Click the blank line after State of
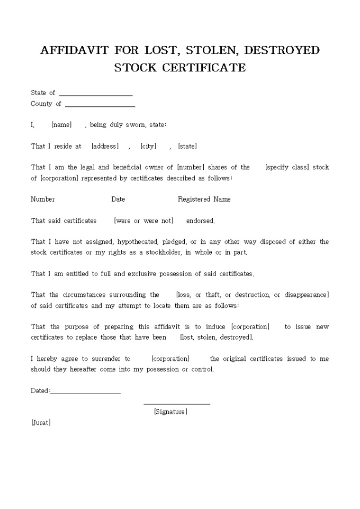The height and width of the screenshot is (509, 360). [96, 94]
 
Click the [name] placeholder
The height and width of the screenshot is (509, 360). [61, 125]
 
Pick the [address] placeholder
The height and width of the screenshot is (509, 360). [105, 146]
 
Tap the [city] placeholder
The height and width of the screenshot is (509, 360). [148, 146]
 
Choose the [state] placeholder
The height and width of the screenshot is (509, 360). [187, 146]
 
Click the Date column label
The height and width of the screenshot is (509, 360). [118, 199]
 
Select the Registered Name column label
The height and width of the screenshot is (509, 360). [204, 199]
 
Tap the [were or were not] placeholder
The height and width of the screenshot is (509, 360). [143, 221]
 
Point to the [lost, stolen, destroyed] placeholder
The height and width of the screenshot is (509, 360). [217, 337]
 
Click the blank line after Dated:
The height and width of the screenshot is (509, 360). [85, 393]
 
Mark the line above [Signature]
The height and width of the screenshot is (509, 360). [177, 404]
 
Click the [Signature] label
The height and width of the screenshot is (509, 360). [170, 412]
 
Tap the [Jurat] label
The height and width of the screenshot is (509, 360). [41, 423]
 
